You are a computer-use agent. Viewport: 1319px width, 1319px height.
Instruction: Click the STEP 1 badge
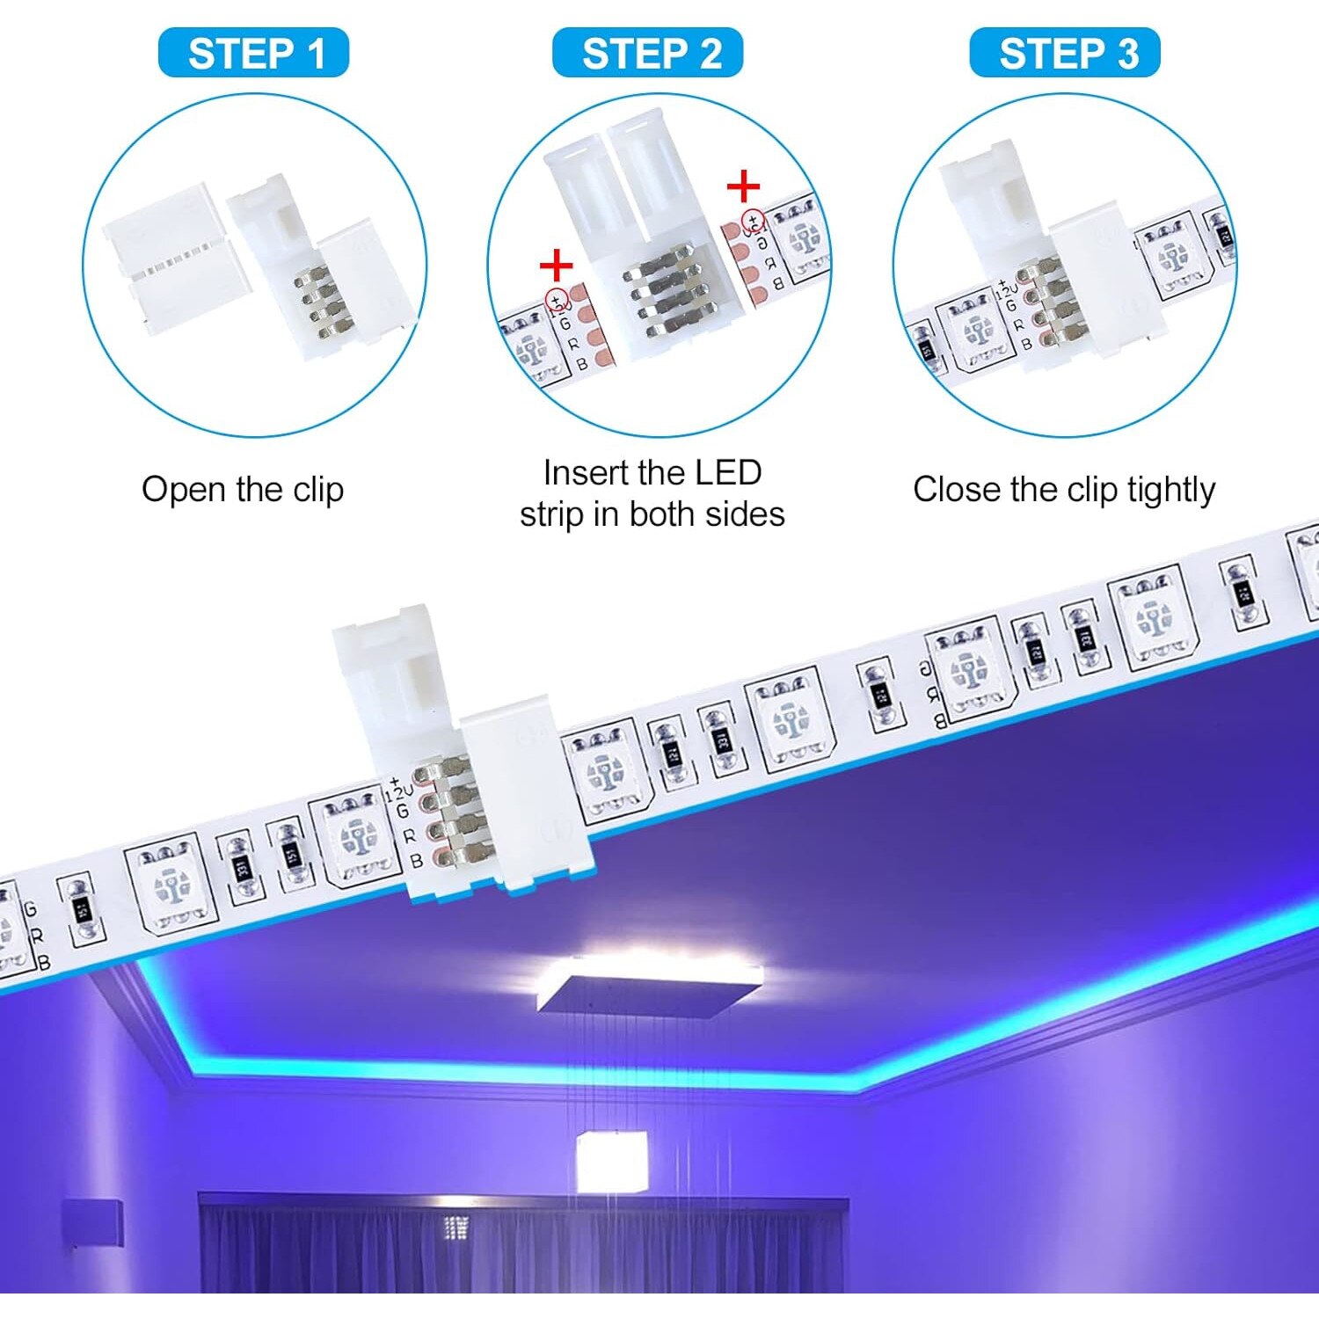pyautogui.click(x=253, y=53)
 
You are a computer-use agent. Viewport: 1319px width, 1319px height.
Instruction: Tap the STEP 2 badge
pyautogui.click(x=648, y=53)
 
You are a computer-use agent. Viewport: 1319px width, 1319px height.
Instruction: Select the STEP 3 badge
pyautogui.click(x=1065, y=53)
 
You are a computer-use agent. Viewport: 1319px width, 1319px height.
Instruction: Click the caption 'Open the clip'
pyautogui.click(x=243, y=490)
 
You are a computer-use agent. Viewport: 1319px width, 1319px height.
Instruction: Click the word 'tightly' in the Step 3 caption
pyautogui.click(x=1170, y=490)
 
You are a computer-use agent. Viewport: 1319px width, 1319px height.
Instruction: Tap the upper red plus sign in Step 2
pyautogui.click(x=743, y=186)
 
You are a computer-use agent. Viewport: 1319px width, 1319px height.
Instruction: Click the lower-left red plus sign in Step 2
pyautogui.click(x=556, y=265)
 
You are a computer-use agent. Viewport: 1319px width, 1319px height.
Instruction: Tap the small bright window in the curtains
pyautogui.click(x=455, y=1227)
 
